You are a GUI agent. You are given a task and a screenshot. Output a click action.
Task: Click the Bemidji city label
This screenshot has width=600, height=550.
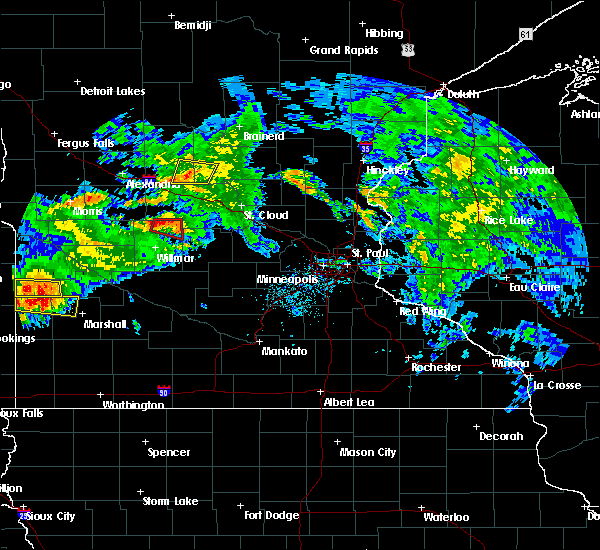[193, 25]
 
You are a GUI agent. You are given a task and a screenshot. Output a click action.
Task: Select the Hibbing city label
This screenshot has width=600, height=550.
[383, 33]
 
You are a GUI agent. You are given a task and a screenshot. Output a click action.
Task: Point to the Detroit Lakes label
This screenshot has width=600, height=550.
[112, 91]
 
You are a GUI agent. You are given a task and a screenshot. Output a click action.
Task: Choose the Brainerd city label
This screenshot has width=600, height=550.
[263, 136]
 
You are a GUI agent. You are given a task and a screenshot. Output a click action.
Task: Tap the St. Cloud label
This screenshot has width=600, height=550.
[267, 215]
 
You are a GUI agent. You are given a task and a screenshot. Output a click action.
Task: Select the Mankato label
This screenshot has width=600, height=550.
[284, 351]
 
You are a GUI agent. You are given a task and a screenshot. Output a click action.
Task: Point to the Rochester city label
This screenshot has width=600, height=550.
[437, 367]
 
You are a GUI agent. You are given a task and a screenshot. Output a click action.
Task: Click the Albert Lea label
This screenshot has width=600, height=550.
[349, 402]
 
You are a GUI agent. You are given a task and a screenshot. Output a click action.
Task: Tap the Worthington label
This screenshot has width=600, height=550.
[132, 405]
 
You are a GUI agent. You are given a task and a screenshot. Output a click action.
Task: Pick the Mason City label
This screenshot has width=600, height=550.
[368, 452]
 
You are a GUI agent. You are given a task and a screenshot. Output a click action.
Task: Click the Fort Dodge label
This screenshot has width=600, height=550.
[272, 515]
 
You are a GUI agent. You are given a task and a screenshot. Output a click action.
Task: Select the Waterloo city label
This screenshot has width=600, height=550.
[446, 517]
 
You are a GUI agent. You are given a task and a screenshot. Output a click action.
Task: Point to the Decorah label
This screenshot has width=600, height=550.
[500, 436]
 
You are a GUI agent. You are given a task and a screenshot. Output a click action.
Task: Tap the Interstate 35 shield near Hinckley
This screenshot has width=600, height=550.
[367, 148]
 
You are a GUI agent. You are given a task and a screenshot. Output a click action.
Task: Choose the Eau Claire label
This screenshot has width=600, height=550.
[532, 287]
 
